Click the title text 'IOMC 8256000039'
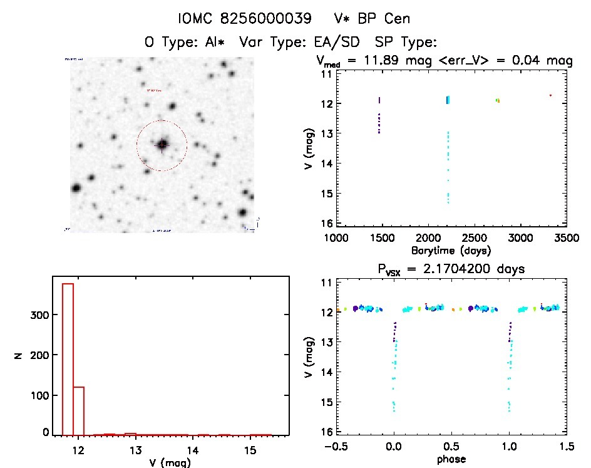point(245,19)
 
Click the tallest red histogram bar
point(68,358)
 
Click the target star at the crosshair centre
point(162,145)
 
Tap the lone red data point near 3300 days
point(550,95)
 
